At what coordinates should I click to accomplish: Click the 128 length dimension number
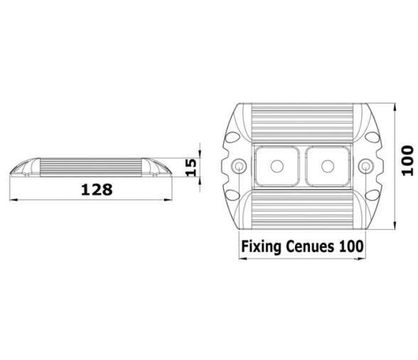pyautogui.click(x=97, y=189)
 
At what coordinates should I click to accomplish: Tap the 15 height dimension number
pyautogui.click(x=191, y=167)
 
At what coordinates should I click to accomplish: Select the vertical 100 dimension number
pyautogui.click(x=407, y=160)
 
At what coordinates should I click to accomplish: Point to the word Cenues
pyautogui.click(x=309, y=247)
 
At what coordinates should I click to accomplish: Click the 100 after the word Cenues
pyautogui.click(x=351, y=246)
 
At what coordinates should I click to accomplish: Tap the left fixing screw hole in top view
pyautogui.click(x=239, y=166)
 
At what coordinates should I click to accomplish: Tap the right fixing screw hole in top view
pyautogui.click(x=365, y=166)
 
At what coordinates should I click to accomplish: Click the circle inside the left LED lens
pyautogui.click(x=277, y=166)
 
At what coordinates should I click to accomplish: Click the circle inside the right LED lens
pyautogui.click(x=328, y=166)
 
